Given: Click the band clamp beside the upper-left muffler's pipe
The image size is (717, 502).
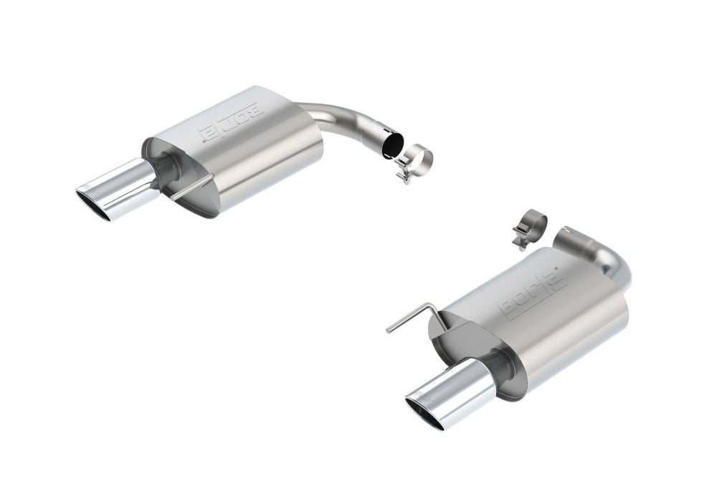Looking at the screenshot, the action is click(x=414, y=162).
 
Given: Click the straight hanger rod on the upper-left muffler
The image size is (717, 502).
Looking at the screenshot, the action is click(x=192, y=187).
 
